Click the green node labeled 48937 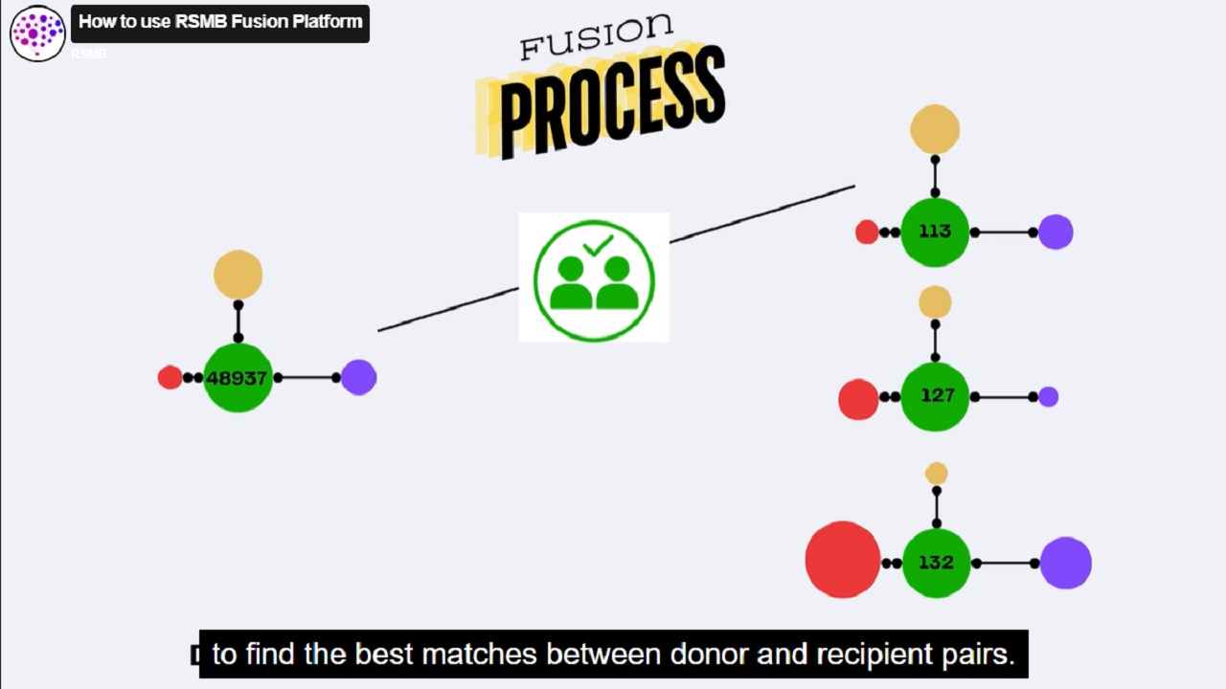238,378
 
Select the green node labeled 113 935,232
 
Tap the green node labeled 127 936,396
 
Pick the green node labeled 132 936,563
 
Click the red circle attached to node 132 843,560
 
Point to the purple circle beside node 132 1066,563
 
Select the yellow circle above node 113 935,129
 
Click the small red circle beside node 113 867,232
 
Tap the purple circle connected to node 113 1056,232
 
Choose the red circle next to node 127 858,399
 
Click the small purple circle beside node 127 1049,396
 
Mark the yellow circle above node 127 935,302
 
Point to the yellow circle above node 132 936,474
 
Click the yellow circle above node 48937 238,275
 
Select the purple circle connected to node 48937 358,377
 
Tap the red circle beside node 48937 170,377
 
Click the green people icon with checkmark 594,278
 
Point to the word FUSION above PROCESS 596,36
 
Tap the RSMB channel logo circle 37,33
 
